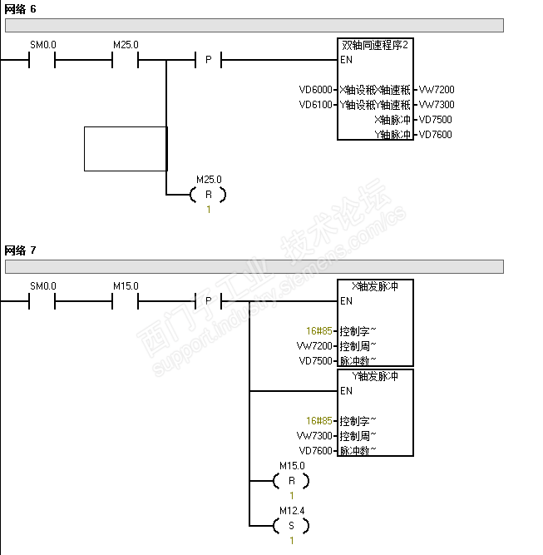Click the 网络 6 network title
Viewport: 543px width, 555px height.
click(x=21, y=8)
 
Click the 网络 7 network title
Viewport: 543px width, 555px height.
click(x=21, y=250)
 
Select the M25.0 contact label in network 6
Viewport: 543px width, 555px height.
click(x=126, y=45)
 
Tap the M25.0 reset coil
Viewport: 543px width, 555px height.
click(x=208, y=195)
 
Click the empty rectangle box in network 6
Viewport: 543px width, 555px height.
click(x=126, y=149)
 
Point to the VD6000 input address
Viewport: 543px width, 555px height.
click(x=316, y=90)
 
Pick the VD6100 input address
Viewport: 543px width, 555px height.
click(x=316, y=105)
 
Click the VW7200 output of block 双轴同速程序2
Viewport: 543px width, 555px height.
click(x=437, y=90)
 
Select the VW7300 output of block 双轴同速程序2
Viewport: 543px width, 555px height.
click(x=437, y=105)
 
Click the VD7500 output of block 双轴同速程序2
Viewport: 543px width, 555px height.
click(x=436, y=120)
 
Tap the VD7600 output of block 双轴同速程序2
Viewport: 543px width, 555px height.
click(x=436, y=135)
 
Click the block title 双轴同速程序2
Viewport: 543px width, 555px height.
click(x=376, y=45)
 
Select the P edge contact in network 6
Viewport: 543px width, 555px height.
click(x=208, y=60)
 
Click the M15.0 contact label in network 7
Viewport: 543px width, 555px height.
click(x=126, y=286)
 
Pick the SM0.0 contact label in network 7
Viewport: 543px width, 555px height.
click(x=43, y=286)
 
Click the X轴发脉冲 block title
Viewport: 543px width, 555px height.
click(x=376, y=286)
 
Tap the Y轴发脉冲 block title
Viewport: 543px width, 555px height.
click(x=376, y=376)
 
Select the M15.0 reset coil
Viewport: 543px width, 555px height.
click(x=291, y=481)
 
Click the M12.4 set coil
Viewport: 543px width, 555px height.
click(x=291, y=526)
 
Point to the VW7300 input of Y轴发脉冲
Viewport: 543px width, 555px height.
click(x=314, y=436)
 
